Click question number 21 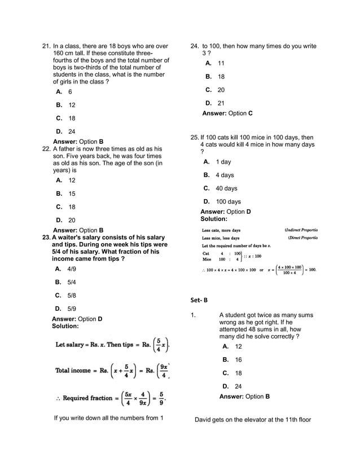[x=47, y=46]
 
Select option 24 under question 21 [x=72, y=132]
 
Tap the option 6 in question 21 [x=70, y=91]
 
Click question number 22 [x=47, y=149]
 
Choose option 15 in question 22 [x=72, y=194]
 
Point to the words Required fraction [x=87, y=398]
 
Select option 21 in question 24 [x=221, y=103]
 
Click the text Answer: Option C [x=227, y=113]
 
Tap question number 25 [x=195, y=137]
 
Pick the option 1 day [x=223, y=162]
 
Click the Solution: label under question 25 [x=214, y=219]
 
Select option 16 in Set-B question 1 [x=238, y=359]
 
